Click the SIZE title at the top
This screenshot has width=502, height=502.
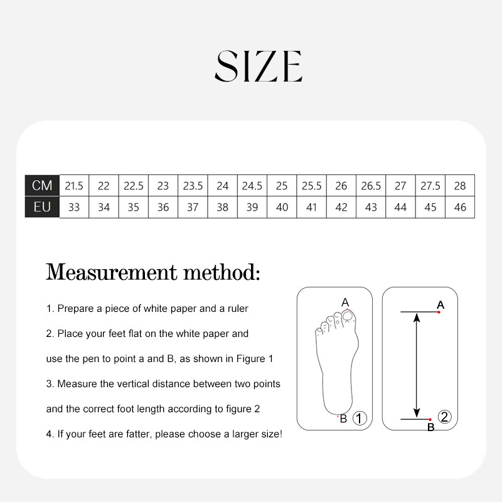click(x=259, y=66)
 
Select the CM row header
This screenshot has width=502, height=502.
click(x=42, y=185)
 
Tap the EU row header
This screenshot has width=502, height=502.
click(x=42, y=207)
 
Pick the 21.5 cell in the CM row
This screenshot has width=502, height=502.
click(x=74, y=186)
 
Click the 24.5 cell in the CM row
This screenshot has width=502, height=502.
click(x=252, y=186)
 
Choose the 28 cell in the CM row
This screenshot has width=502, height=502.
click(x=460, y=186)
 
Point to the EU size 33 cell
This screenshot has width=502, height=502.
click(x=74, y=207)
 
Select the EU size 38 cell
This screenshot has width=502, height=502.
click(x=223, y=207)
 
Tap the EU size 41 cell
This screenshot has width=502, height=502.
click(x=311, y=207)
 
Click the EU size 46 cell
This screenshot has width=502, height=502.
click(x=460, y=207)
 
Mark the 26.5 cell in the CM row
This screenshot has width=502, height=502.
click(x=371, y=186)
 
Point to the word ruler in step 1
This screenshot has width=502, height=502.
click(x=238, y=308)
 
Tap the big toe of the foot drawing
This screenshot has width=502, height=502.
click(x=348, y=317)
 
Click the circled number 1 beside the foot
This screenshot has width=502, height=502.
click(x=360, y=418)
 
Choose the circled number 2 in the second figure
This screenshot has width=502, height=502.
click(x=444, y=417)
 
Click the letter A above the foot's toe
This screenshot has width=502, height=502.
click(x=345, y=302)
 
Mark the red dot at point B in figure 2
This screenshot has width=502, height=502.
click(x=430, y=419)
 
